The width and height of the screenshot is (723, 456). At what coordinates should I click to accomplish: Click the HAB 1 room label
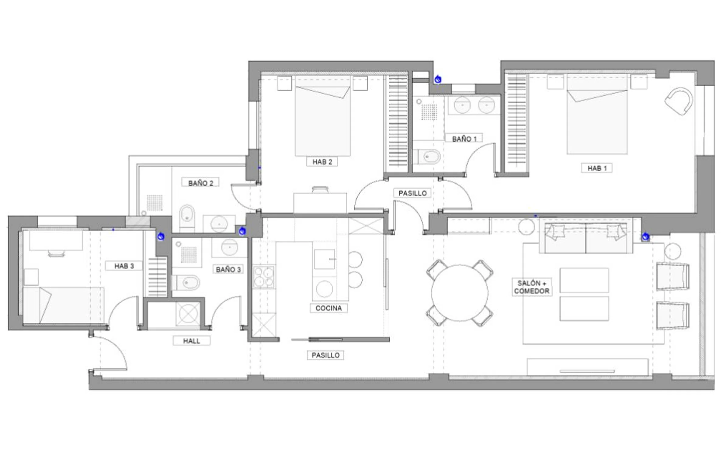pos(596,168)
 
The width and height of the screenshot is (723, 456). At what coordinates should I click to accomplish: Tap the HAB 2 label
pos(322,162)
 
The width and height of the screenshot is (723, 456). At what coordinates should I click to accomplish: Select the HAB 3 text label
pos(124,266)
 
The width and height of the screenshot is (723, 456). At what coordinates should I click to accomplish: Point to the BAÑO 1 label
pos(464,139)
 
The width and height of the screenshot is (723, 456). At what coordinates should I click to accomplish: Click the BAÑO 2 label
pos(200,183)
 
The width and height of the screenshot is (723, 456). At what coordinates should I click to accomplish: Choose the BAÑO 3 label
pos(228,269)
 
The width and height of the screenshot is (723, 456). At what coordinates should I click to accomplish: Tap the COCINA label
pos(328,308)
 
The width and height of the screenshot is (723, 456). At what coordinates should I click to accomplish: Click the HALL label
pos(192,341)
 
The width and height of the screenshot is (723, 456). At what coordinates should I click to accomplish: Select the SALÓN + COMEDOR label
pos(532,287)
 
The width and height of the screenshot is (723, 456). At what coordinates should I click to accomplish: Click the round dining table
pos(460,293)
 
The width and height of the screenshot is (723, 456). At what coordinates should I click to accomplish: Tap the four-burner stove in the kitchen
pos(264,277)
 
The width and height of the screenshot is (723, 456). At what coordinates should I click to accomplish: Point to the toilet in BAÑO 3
pos(186,283)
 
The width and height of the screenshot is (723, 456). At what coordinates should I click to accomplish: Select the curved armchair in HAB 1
pos(679,101)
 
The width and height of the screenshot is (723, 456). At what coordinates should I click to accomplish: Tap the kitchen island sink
pos(325,259)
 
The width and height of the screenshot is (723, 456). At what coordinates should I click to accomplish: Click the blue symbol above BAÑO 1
pos(438,80)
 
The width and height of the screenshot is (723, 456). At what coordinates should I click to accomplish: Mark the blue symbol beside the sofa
pos(645,237)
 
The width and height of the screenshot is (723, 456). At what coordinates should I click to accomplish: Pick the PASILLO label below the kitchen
pos(325,355)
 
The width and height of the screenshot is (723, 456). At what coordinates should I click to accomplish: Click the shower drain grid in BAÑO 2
pos(155,203)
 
